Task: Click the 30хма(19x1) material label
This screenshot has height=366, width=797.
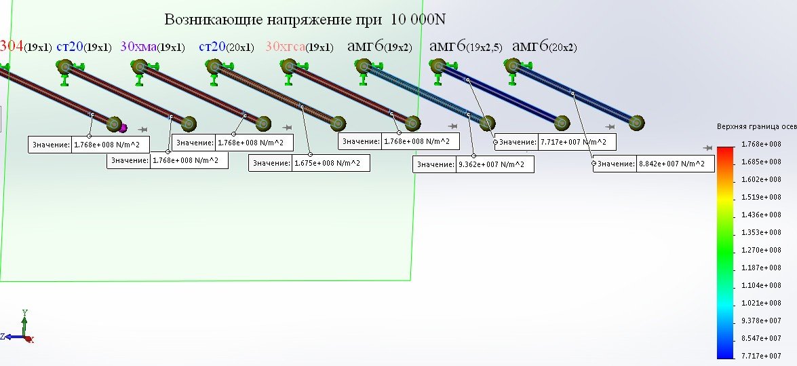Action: tap(152, 47)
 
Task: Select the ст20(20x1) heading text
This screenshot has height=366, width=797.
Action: tap(226, 47)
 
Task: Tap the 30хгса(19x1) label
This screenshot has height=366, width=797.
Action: tap(299, 47)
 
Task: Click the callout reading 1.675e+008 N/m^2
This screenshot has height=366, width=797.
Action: tap(310, 164)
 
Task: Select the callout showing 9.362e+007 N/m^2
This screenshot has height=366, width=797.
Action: tap(473, 164)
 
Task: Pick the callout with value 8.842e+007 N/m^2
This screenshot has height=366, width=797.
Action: tap(654, 164)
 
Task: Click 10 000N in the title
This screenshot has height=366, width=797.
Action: tap(418, 18)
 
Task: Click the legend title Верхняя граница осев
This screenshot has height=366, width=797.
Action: tap(756, 126)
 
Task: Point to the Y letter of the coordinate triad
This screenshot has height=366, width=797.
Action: tap(24, 312)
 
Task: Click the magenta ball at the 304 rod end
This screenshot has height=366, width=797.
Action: tap(123, 128)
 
